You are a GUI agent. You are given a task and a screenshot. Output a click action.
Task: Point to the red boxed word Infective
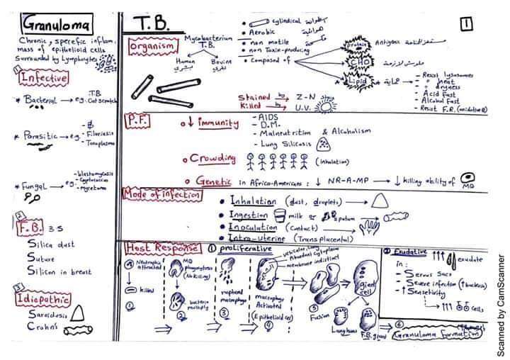tap(44, 78)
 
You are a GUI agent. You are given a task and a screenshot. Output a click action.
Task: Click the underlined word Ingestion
tap(249, 215)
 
